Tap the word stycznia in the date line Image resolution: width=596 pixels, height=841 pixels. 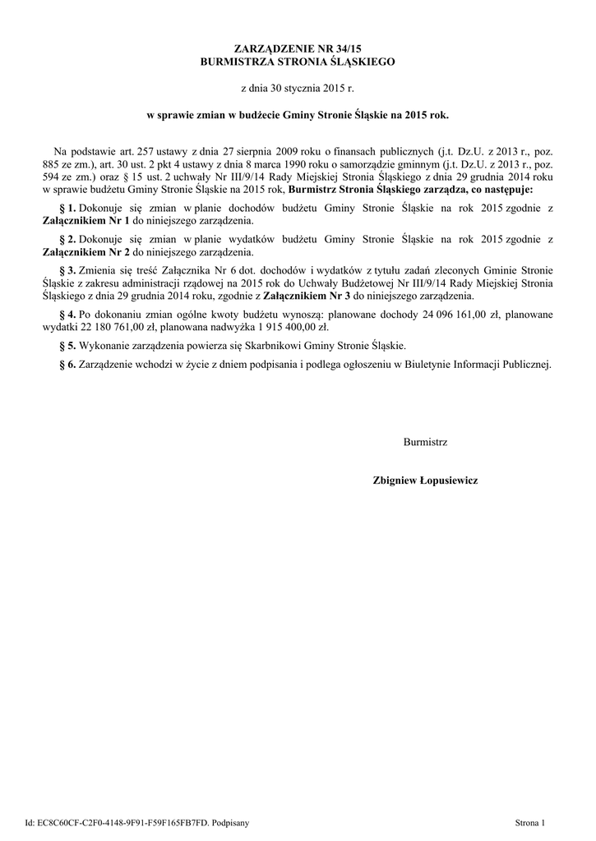tap(302, 86)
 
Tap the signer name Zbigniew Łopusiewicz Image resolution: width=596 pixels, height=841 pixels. tap(425, 480)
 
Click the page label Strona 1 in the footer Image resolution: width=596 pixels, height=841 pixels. tap(530, 821)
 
